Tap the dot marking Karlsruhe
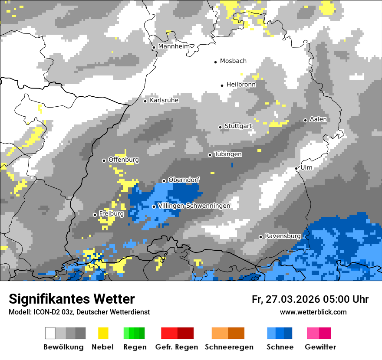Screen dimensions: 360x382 [x=145, y=101]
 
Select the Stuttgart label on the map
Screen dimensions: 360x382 [x=238, y=126]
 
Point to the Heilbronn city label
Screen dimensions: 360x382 [x=241, y=85]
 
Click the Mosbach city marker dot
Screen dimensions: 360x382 [x=215, y=62]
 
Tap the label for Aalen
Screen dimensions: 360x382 [x=318, y=119]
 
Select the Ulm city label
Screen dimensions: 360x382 [x=306, y=167]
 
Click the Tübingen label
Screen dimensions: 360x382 [x=228, y=154]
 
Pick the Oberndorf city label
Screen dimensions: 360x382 [x=184, y=180]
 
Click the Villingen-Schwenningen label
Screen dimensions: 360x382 [x=194, y=206]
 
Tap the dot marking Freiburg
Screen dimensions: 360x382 [x=95, y=215]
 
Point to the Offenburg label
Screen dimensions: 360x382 [x=124, y=160]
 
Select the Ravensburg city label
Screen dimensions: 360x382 [x=283, y=236]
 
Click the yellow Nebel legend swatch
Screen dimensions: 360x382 [x=103, y=333]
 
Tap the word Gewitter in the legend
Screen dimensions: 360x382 [x=320, y=347]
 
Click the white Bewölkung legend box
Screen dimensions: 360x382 [x=50, y=333]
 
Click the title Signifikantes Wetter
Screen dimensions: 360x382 [x=72, y=299]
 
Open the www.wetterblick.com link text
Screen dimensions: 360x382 [x=313, y=312]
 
